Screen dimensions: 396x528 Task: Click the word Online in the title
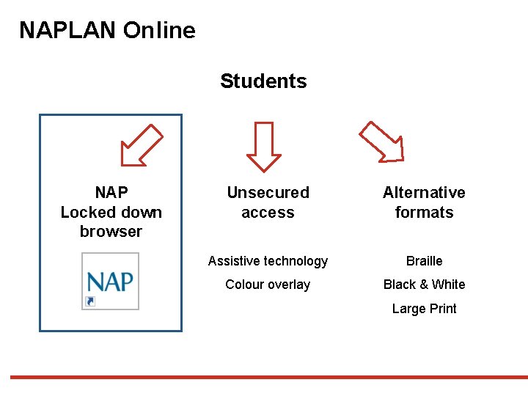159,31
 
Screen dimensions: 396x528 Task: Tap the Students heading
263,81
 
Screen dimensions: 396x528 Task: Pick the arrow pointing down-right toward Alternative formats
381,141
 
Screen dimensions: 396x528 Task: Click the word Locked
91,213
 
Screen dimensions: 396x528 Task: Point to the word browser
111,232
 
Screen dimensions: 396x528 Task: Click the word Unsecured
268,193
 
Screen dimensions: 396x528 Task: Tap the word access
268,213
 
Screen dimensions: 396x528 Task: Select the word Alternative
424,193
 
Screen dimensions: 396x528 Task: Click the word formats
424,213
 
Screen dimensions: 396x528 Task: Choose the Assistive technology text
268,261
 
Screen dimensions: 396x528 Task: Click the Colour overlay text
268,285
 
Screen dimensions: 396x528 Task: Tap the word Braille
424,261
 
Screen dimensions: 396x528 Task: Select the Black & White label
424,285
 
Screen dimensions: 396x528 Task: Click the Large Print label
424,309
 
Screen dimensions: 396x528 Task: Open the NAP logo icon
110,282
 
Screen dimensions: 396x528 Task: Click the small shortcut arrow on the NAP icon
89,301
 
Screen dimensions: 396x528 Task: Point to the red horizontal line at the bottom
264,377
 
